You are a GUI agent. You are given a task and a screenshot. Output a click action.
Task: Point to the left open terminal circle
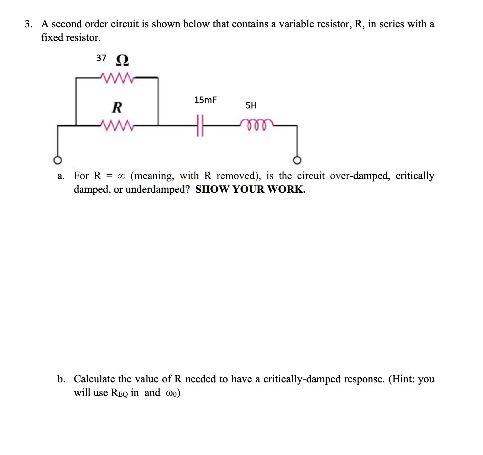pyautogui.click(x=58, y=160)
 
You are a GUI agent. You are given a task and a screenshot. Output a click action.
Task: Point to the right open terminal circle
pyautogui.click(x=297, y=160)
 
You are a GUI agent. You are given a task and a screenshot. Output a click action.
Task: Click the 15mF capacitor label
pyautogui.click(x=205, y=100)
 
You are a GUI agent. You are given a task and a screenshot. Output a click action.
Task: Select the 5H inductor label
pyautogui.click(x=251, y=105)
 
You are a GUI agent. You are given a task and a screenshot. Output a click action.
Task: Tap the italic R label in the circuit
pyautogui.click(x=117, y=107)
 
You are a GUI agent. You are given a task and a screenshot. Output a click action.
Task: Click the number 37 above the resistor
pyautogui.click(x=101, y=58)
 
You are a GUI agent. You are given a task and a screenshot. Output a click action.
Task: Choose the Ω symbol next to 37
pyautogui.click(x=122, y=60)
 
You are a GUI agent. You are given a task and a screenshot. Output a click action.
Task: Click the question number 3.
pyautogui.click(x=28, y=24)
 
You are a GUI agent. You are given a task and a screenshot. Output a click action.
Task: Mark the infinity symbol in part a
pyautogui.click(x=121, y=176)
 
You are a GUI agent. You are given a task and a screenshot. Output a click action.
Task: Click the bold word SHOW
pyautogui.click(x=212, y=189)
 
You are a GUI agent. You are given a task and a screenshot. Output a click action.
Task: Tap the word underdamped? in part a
pyautogui.click(x=157, y=189)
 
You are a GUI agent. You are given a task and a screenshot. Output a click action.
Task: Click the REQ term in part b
pyautogui.click(x=119, y=393)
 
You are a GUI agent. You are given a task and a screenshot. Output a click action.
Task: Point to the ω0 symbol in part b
pyautogui.click(x=171, y=393)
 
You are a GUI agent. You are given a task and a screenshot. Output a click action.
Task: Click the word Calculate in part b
pyautogui.click(x=94, y=379)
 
